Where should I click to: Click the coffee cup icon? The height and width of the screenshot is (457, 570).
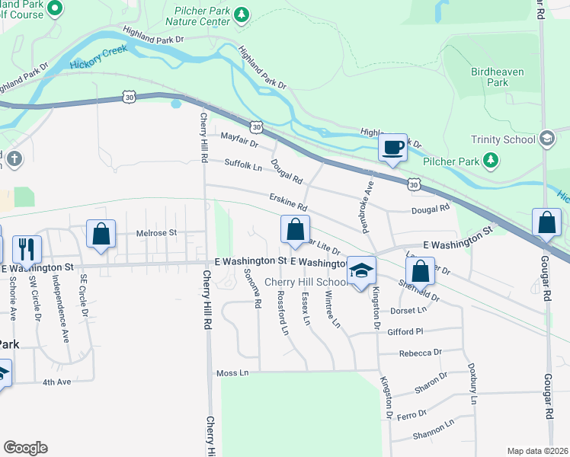(x=392, y=147)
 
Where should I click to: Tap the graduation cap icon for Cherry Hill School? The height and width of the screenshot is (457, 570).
(x=361, y=270)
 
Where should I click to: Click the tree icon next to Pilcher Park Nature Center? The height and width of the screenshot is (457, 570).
(x=242, y=14)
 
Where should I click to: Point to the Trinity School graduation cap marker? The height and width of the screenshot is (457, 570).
(x=546, y=139)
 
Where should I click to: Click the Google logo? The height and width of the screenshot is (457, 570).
(x=25, y=448)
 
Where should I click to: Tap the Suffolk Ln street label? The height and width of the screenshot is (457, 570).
(x=243, y=164)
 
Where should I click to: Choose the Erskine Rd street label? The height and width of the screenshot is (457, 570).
(x=287, y=202)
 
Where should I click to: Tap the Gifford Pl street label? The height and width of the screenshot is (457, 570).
(x=426, y=332)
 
